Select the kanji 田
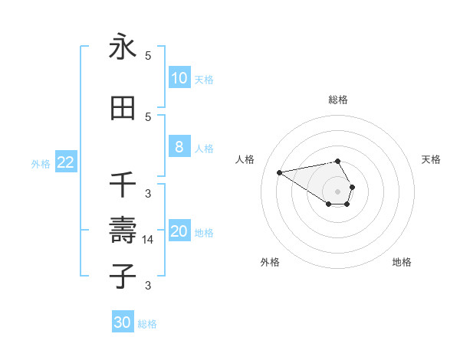point(123,108)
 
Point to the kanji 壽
point(123,228)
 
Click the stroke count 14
point(148,239)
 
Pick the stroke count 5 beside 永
point(148,56)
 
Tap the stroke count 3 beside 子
point(148,286)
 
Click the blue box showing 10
point(179,78)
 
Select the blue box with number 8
point(179,147)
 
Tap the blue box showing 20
point(179,231)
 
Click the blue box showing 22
point(66,162)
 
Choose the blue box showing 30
point(123,322)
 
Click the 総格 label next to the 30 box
point(147,324)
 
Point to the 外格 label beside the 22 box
point(41,163)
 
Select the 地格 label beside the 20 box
point(203,233)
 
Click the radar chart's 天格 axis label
point(431,159)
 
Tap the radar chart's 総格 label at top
point(338,100)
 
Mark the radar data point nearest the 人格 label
point(280,172)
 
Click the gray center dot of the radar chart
point(338,191)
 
